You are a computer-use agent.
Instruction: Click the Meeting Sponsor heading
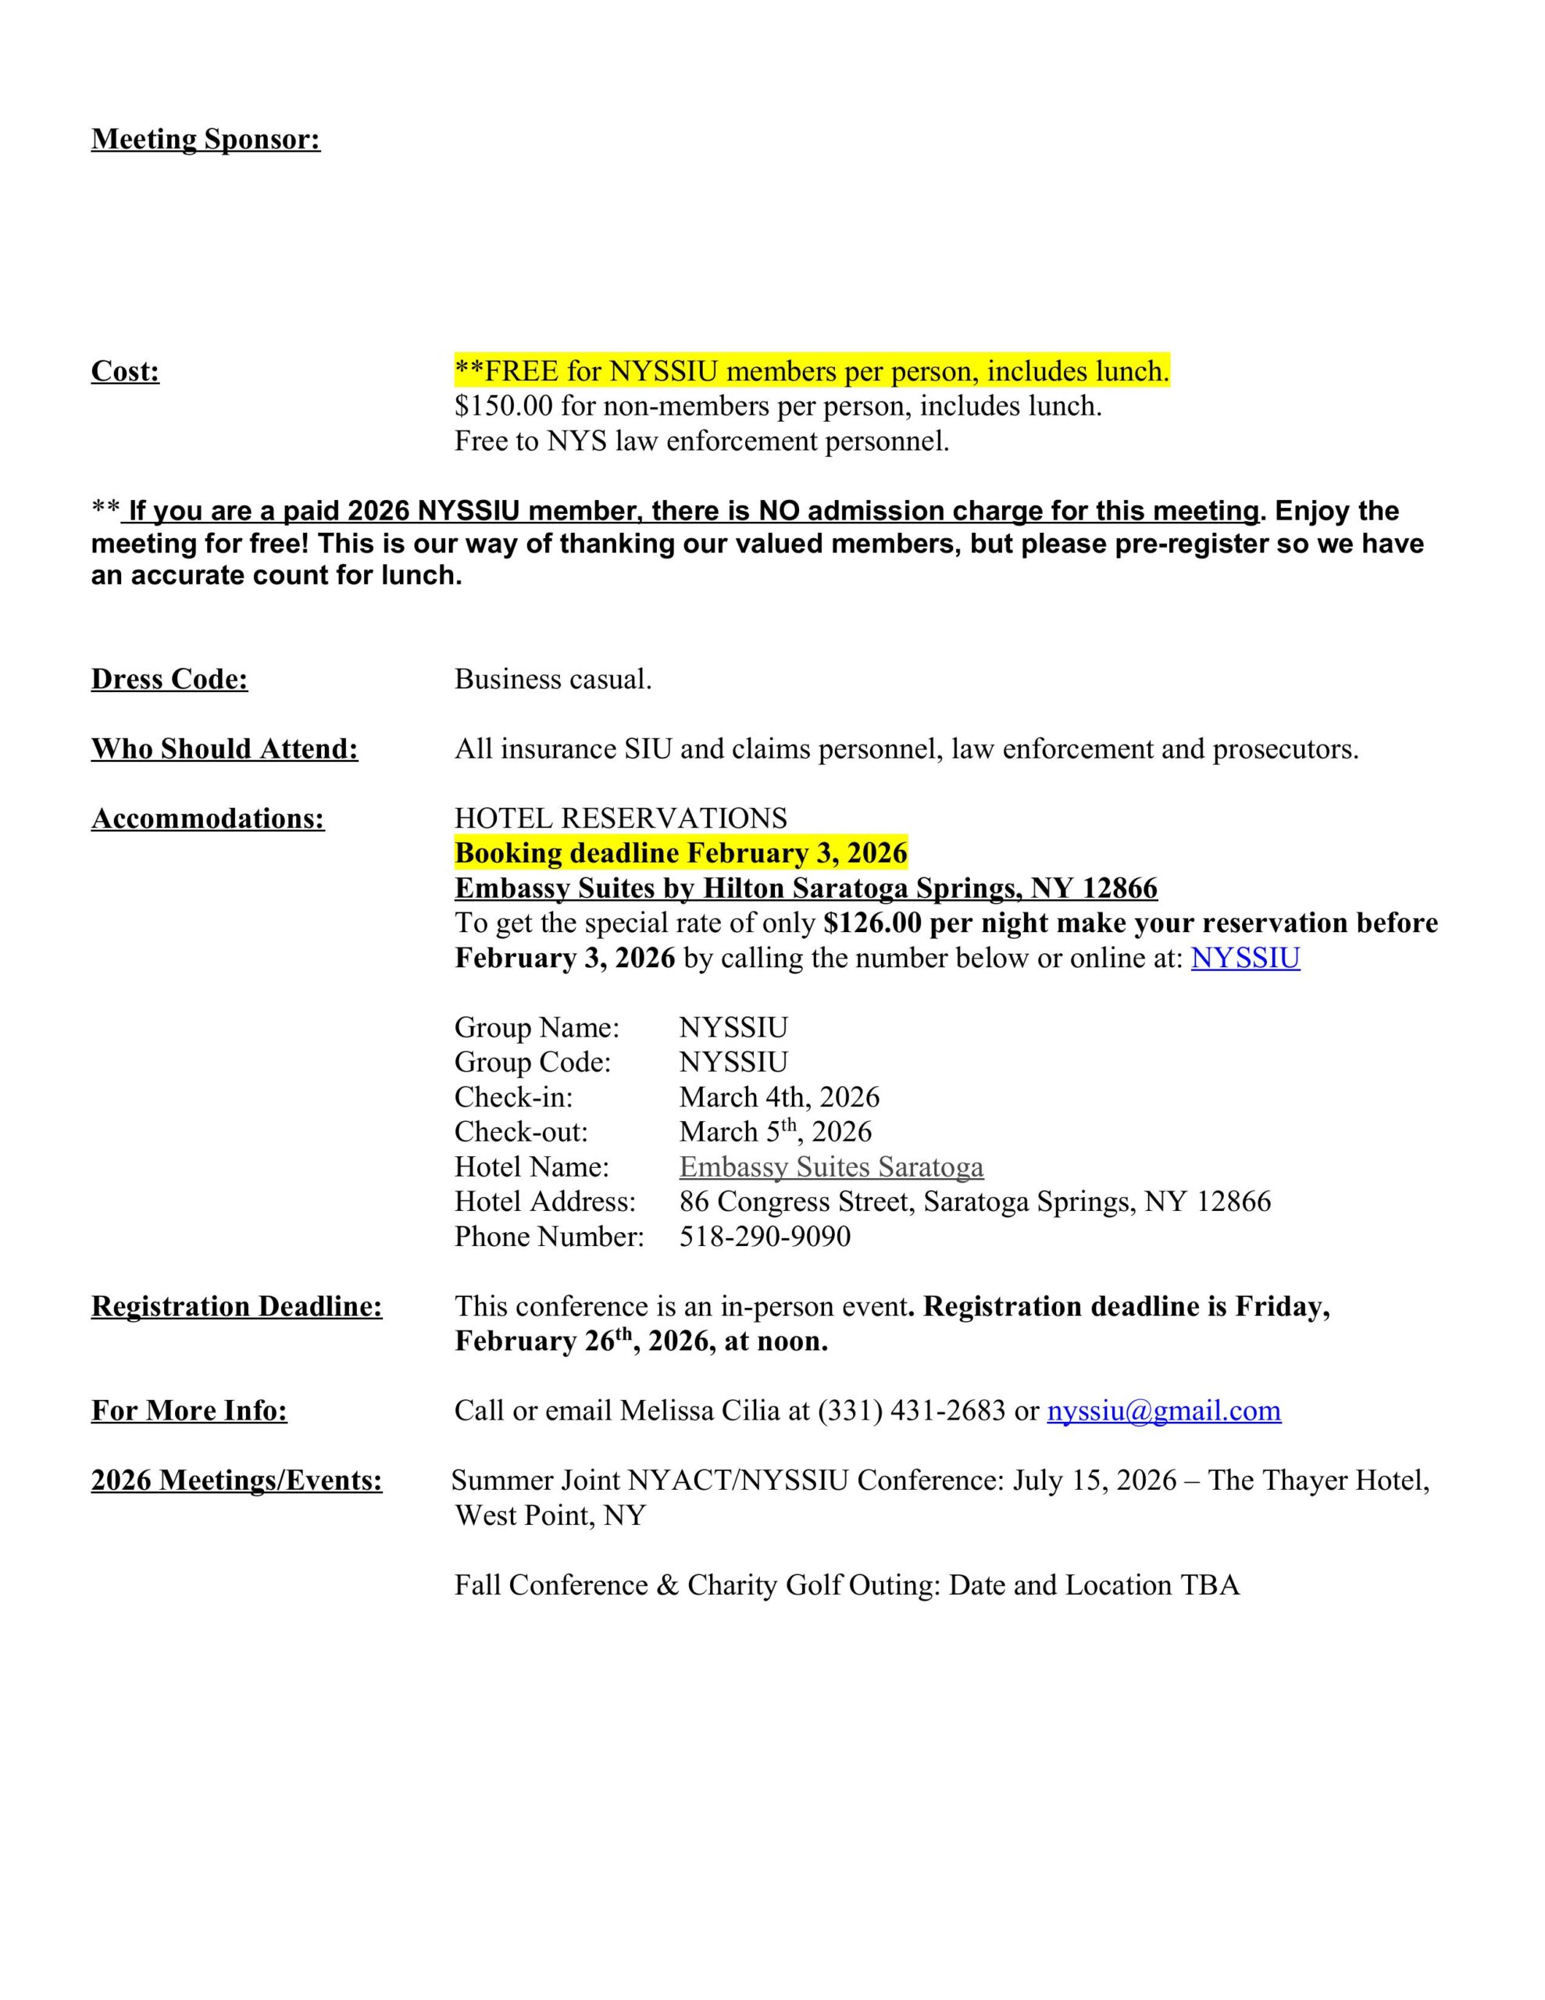click(206, 139)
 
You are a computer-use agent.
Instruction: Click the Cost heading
click(126, 372)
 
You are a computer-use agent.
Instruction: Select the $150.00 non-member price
click(504, 405)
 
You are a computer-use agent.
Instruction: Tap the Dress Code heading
click(169, 680)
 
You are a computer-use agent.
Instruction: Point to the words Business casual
click(553, 680)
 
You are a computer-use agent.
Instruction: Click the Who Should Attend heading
click(224, 749)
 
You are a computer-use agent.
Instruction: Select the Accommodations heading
click(208, 819)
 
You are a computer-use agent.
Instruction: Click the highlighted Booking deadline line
click(680, 853)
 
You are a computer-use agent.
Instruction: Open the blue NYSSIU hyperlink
click(1244, 958)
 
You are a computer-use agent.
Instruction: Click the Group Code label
click(532, 1062)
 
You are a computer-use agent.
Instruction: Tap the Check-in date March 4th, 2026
click(779, 1097)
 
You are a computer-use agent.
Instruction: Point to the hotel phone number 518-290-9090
click(765, 1236)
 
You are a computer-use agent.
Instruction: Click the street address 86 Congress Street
click(795, 1202)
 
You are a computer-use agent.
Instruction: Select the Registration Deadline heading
click(237, 1306)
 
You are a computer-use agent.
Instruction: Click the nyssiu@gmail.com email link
click(1163, 1410)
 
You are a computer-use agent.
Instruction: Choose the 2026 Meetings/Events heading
click(237, 1480)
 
